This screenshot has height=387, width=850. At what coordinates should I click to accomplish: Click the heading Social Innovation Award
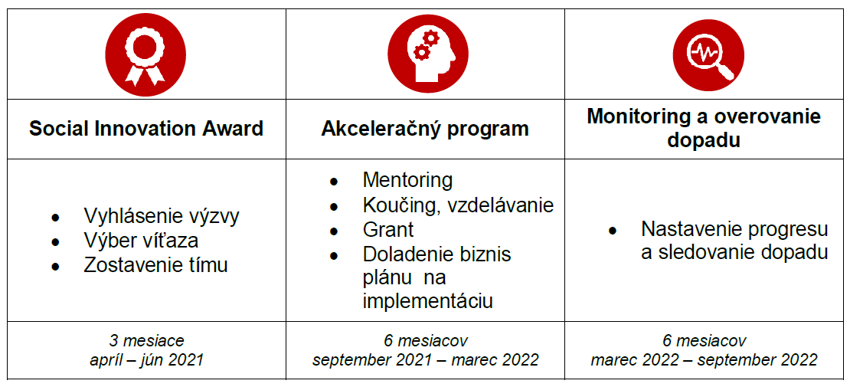[x=145, y=130]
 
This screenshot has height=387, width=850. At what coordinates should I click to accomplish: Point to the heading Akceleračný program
[x=425, y=130]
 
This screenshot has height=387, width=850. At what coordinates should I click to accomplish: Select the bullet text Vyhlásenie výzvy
[x=162, y=217]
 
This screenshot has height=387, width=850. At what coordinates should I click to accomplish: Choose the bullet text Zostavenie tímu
[x=155, y=266]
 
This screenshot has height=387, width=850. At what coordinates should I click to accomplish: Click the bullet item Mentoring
[x=407, y=180]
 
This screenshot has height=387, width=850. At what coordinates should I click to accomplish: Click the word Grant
[x=388, y=230]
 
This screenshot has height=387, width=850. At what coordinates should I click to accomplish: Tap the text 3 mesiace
[x=147, y=341]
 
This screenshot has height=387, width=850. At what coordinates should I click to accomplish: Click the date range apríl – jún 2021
[x=146, y=359]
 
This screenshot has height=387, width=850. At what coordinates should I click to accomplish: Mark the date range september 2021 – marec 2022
[x=426, y=359]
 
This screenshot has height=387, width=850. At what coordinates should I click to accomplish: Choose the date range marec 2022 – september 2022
[x=705, y=359]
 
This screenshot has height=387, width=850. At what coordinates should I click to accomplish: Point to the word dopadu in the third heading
[x=704, y=140]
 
